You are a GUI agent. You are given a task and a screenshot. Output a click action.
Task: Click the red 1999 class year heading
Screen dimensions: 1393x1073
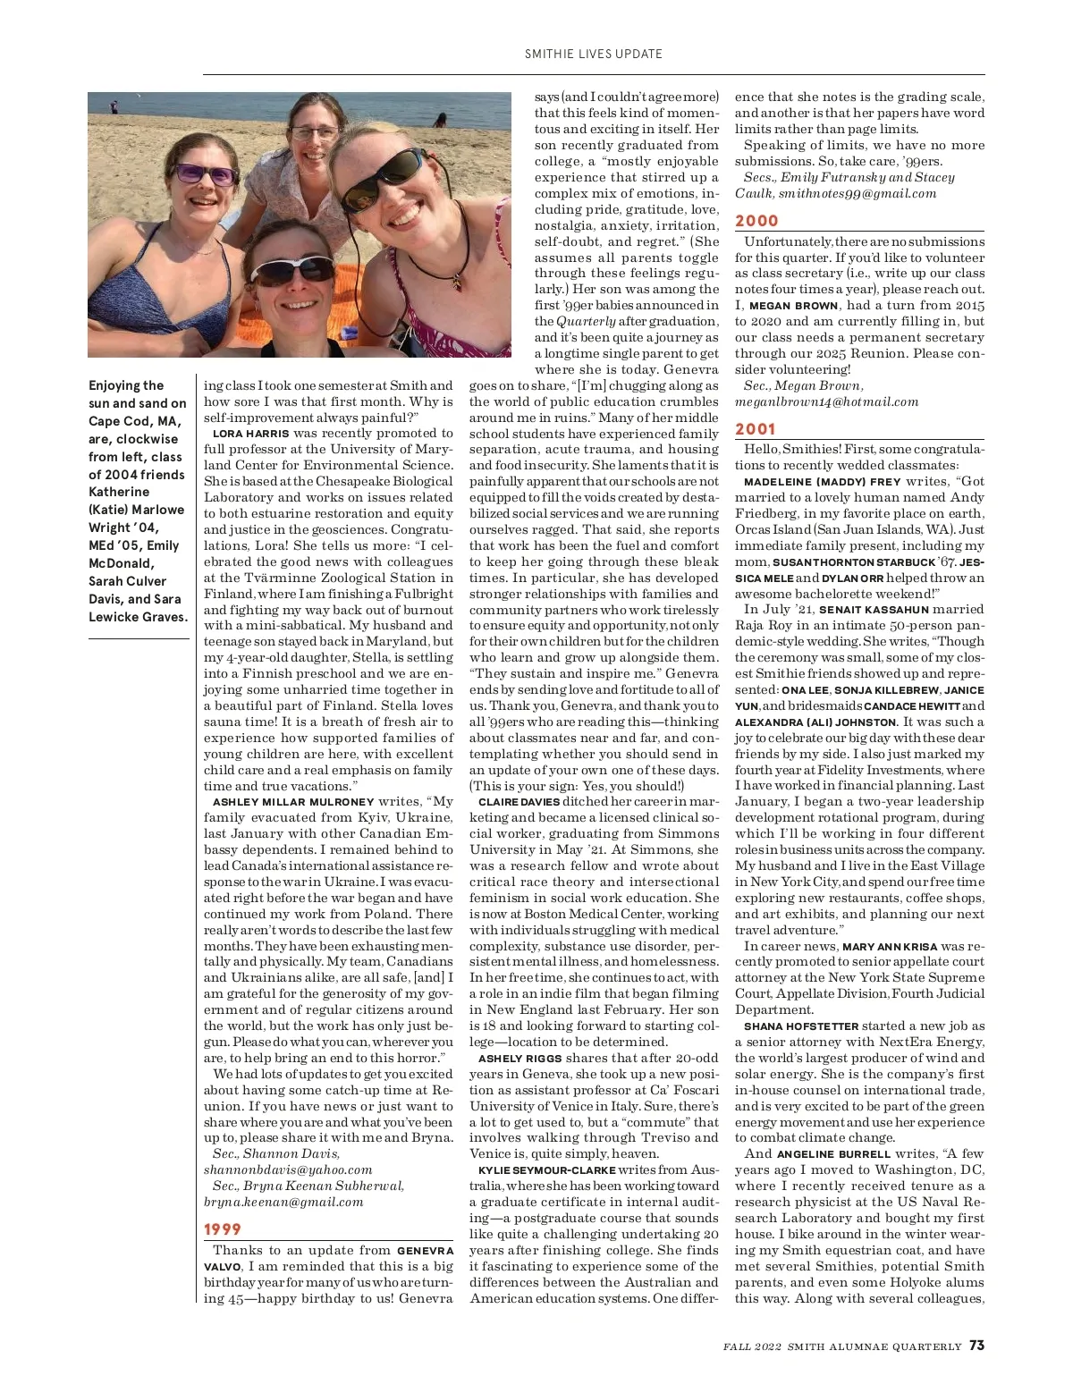coord(223,1229)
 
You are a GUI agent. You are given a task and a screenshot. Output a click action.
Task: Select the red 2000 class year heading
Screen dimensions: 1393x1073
coord(756,221)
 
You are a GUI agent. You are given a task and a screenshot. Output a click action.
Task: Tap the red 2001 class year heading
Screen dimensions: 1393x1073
coord(756,429)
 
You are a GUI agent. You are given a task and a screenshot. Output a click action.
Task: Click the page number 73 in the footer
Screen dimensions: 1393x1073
coord(976,1346)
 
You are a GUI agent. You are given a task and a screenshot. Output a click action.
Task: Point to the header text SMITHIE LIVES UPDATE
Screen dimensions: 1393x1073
coord(594,54)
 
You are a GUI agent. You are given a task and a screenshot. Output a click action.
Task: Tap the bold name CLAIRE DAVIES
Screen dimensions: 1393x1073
coord(519,802)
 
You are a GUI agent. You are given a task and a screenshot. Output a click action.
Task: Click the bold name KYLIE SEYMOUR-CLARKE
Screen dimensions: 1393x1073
coord(547,1170)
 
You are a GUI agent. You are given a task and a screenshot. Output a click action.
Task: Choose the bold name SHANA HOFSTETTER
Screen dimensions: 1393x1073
coord(801,1026)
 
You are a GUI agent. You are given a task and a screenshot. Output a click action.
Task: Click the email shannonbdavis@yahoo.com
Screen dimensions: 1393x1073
coord(288,1169)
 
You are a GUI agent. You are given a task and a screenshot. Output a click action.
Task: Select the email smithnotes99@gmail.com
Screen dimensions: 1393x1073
coord(858,193)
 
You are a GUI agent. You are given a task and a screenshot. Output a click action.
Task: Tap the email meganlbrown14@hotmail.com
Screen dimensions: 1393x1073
coord(826,401)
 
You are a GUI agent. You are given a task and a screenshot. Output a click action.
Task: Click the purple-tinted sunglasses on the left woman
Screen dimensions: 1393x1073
coord(204,173)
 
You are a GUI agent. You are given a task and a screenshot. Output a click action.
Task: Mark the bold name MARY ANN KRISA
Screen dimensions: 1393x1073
coord(890,946)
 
